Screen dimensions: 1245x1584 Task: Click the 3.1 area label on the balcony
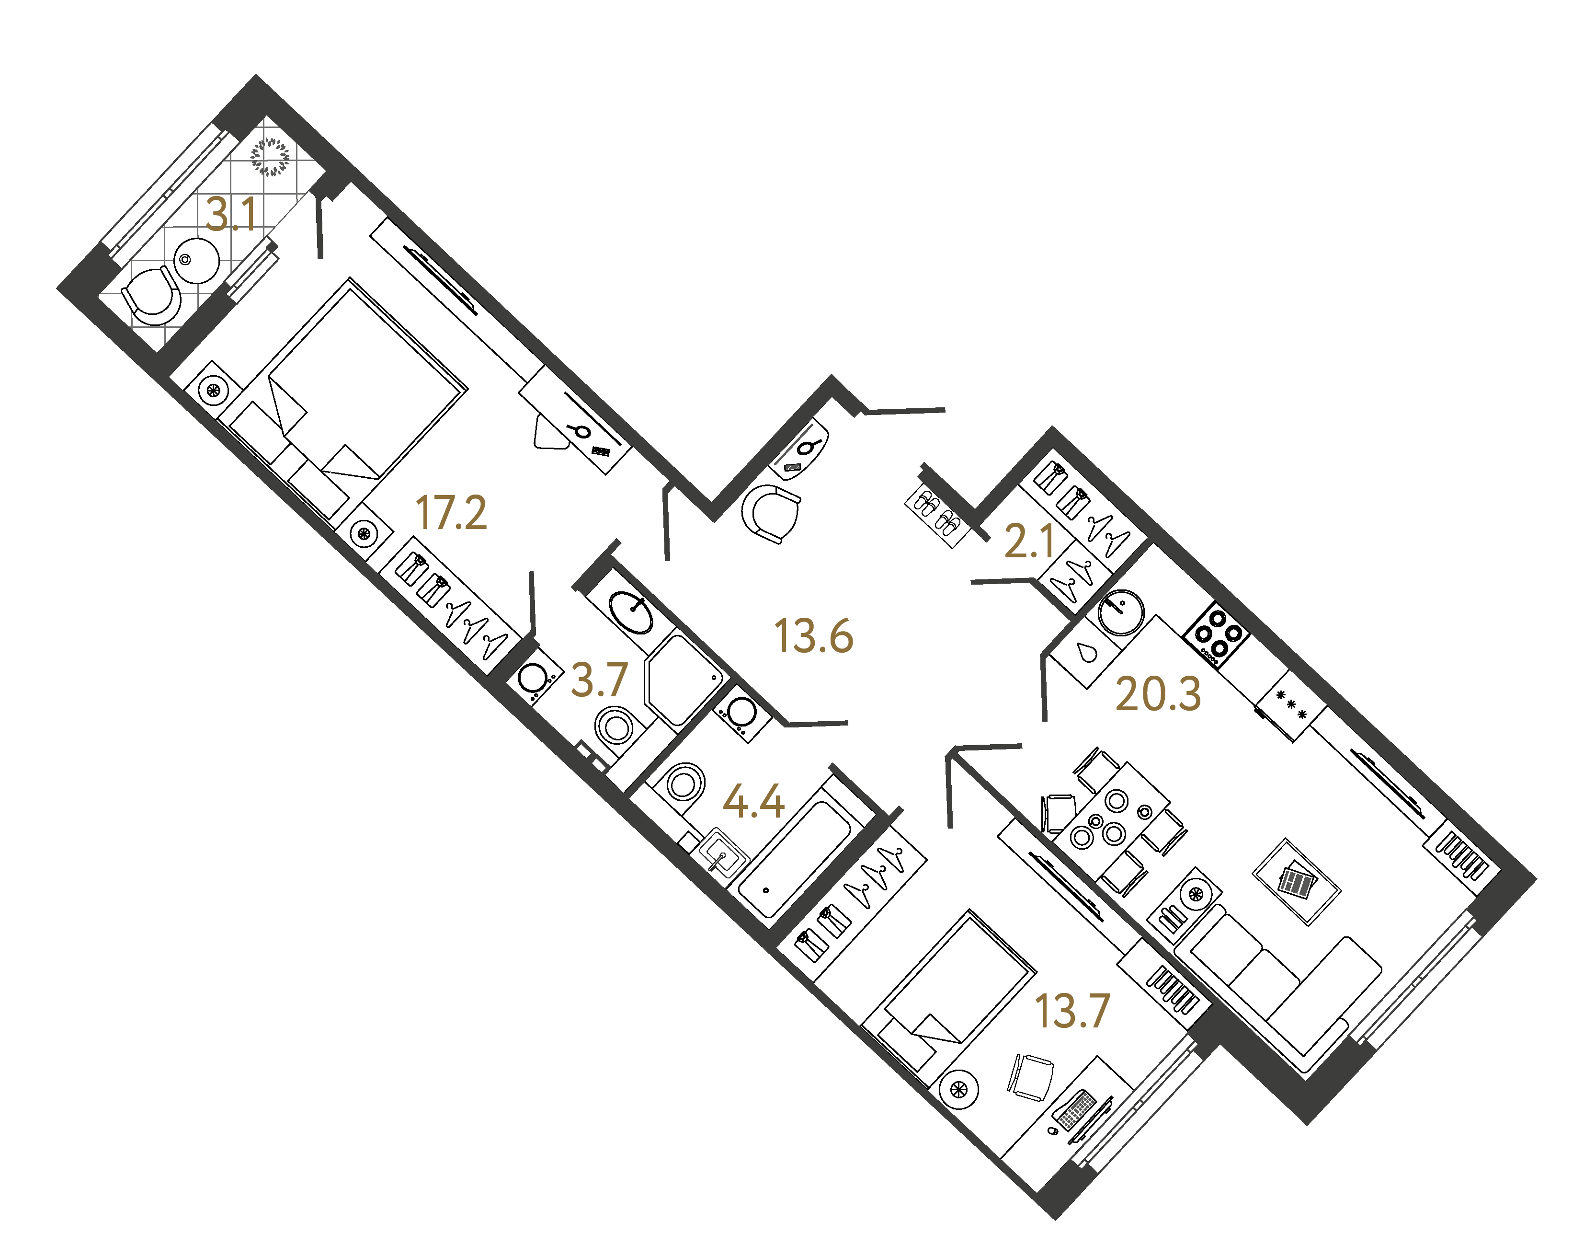[x=231, y=215]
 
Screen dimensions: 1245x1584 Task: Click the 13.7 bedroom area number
[x=1072, y=1011]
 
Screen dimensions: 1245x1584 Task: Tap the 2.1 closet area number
[x=1029, y=542]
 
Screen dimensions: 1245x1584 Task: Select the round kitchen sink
[x=1121, y=612]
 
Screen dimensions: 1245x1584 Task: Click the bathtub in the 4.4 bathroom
[x=796, y=859]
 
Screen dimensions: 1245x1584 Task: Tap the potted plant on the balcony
[x=270, y=157]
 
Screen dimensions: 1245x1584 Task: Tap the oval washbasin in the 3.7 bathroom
[x=631, y=612]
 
